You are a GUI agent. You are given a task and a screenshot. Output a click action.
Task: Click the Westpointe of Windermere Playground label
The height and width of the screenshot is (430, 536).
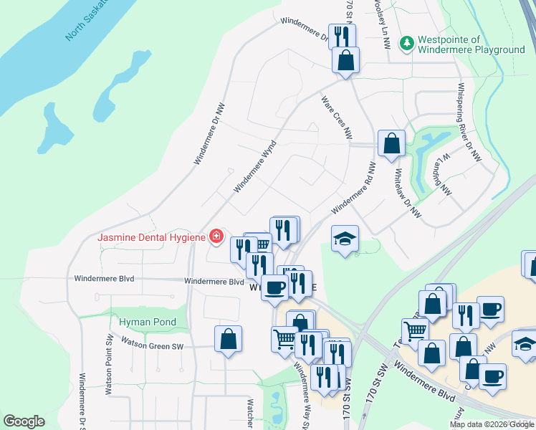pos(472,44)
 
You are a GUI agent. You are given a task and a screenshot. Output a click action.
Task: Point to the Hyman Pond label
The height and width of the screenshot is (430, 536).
pos(147,322)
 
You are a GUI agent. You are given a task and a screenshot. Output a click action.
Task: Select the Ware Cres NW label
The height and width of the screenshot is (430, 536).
pos(337,118)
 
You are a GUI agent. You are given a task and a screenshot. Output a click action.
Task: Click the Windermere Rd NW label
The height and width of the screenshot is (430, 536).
pos(353,188)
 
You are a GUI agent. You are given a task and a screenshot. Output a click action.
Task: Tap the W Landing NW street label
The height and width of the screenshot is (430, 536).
pos(445,174)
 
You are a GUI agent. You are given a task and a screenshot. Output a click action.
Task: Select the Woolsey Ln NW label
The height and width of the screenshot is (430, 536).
pos(381,23)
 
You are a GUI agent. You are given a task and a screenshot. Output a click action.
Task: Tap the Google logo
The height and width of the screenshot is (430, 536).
pos(24,421)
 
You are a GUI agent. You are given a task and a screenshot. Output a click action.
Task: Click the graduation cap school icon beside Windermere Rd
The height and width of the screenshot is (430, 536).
pos(345,240)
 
